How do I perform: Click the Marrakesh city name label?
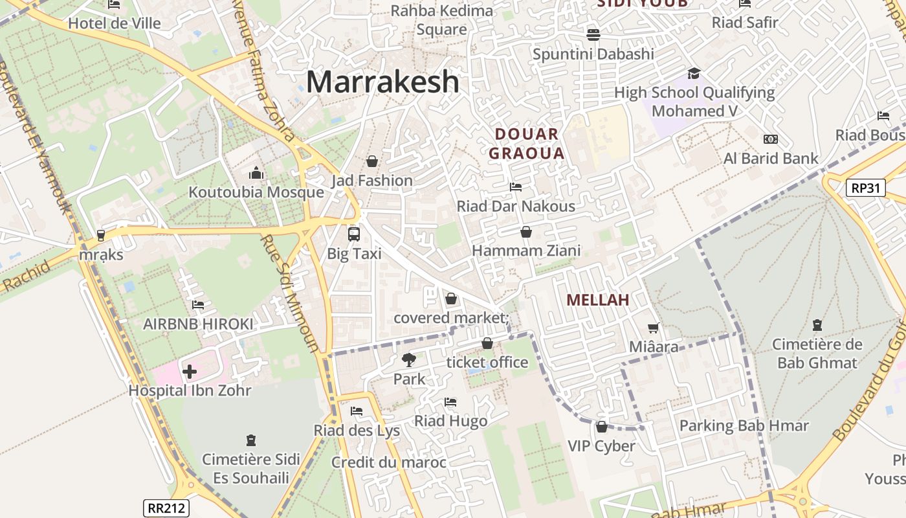382,82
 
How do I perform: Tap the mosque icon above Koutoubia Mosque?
256,173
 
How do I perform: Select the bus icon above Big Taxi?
353,234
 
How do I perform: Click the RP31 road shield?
865,188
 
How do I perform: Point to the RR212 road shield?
166,508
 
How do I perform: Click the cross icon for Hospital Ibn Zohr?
190,372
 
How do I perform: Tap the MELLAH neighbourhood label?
597,300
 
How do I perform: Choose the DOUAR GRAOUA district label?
526,144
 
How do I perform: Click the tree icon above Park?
408,359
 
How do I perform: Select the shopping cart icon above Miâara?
654,328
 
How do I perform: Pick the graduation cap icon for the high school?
694,73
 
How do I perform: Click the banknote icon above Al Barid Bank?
770,139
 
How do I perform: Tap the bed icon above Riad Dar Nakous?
515,187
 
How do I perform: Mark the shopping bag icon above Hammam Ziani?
526,231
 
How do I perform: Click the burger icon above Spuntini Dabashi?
593,34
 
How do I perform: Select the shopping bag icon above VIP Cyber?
601,427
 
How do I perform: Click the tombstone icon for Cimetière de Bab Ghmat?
817,325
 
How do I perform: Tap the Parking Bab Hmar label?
744,426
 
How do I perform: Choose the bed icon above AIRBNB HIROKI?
198,304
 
